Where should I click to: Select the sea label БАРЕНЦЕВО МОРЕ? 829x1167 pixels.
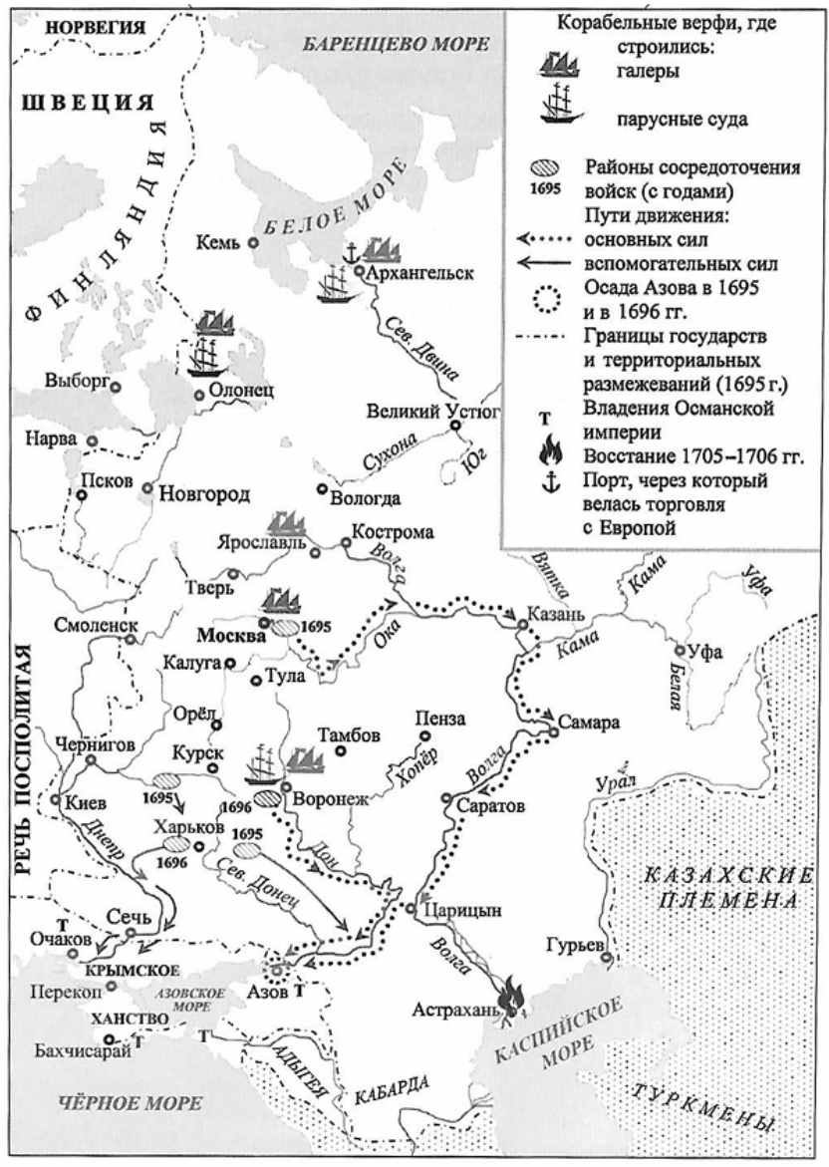coord(399,45)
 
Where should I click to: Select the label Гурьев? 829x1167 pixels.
coord(575,944)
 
